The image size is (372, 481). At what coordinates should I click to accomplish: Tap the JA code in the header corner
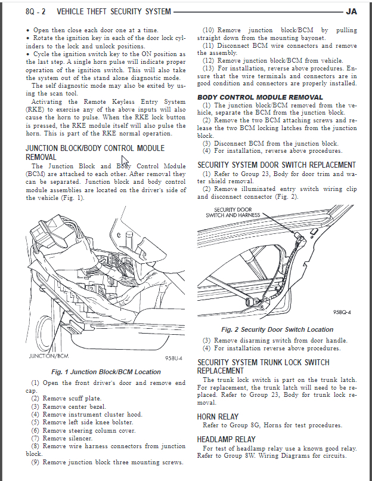coord(351,11)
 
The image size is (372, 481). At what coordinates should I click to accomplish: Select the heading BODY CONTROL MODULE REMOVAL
coord(260,97)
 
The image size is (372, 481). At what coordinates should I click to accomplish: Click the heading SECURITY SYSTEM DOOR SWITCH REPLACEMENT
coord(277,165)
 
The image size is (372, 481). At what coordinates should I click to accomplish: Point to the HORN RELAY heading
coord(218,417)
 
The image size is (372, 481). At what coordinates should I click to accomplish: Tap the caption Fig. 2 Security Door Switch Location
coord(277,329)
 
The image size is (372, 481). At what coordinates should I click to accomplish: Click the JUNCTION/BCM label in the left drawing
coord(49,356)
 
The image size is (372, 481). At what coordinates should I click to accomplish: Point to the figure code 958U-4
coord(172,359)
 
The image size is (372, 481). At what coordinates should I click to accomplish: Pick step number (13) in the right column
coord(208,68)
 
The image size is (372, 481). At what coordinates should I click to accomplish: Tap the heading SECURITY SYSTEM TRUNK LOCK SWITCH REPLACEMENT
coord(263,366)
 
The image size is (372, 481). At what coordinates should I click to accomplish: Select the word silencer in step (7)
coord(80,438)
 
